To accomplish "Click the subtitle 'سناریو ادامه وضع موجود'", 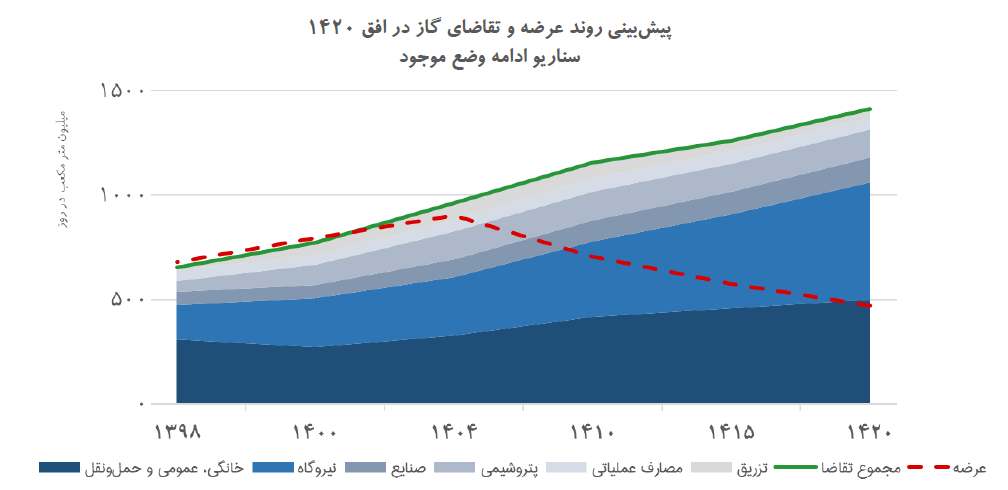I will [503, 56].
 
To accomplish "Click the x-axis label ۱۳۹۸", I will [178, 432].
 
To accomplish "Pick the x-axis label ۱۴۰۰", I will [317, 432].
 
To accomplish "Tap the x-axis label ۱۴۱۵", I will [731, 432].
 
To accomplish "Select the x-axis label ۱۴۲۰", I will [868, 432].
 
